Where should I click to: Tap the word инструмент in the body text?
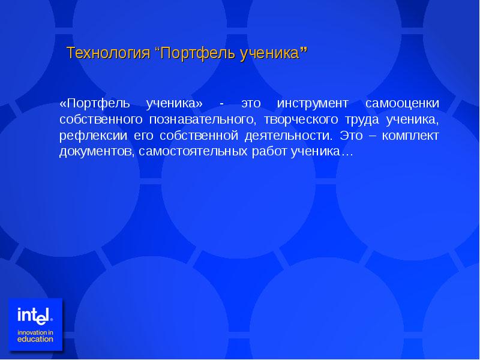tap(312, 103)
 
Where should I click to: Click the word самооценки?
tap(402, 103)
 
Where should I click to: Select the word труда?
tap(365, 119)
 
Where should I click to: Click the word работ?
tap(268, 152)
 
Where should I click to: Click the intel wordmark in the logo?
tap(35, 315)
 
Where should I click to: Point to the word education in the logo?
tap(35, 339)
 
